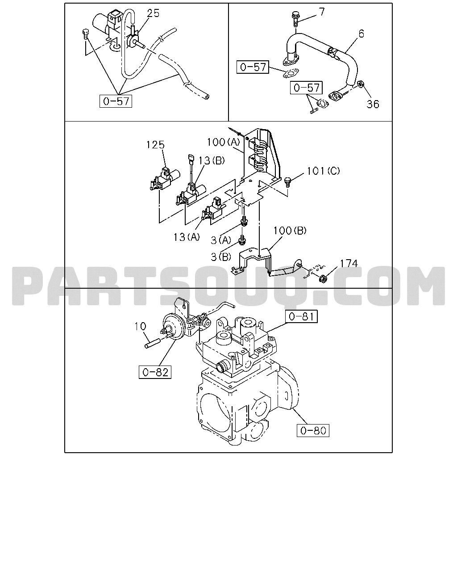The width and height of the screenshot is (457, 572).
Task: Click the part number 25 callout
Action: (x=153, y=13)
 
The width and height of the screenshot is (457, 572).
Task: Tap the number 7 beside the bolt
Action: (x=321, y=12)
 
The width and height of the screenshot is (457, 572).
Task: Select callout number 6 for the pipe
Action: (x=361, y=34)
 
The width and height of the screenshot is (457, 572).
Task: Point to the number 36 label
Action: (x=373, y=104)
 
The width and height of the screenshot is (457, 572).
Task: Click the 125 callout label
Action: (x=156, y=145)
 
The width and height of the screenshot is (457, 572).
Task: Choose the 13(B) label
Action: (x=212, y=160)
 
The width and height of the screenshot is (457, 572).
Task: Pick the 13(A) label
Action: (x=187, y=237)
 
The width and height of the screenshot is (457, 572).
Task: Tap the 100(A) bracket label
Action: (x=223, y=142)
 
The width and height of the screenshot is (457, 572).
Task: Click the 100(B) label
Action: (x=290, y=231)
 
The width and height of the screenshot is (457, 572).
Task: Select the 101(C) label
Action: (x=323, y=171)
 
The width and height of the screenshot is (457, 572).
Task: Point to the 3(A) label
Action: (x=221, y=240)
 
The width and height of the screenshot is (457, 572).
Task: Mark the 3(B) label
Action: (x=221, y=257)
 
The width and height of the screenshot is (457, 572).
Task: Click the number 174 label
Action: (x=349, y=263)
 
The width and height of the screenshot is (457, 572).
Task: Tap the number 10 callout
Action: (x=140, y=327)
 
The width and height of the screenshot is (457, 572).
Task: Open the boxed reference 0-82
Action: (x=155, y=372)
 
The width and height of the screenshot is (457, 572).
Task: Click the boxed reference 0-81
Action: (x=301, y=316)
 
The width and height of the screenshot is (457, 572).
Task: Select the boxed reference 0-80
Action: (x=313, y=431)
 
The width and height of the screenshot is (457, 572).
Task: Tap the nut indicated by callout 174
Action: (x=322, y=279)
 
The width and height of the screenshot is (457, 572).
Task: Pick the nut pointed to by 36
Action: (x=360, y=85)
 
